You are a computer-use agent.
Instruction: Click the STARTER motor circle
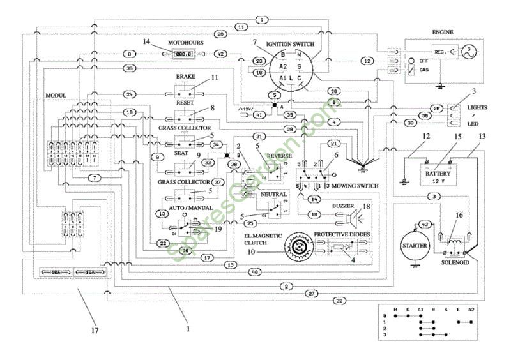(x=416, y=245)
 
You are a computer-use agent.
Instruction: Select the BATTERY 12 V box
(x=438, y=172)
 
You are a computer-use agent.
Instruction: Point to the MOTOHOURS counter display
(x=185, y=55)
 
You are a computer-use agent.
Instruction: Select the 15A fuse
(x=89, y=273)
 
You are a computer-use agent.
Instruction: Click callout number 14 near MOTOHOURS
(x=147, y=41)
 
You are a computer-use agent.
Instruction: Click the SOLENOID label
(x=455, y=262)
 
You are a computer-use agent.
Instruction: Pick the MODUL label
(x=56, y=95)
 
